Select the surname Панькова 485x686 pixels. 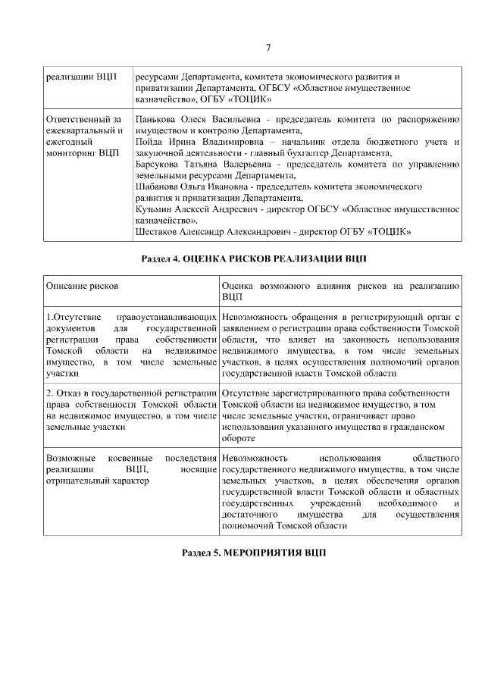tap(155, 120)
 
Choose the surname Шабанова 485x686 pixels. tap(157, 186)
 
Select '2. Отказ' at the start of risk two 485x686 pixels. tap(65, 393)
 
